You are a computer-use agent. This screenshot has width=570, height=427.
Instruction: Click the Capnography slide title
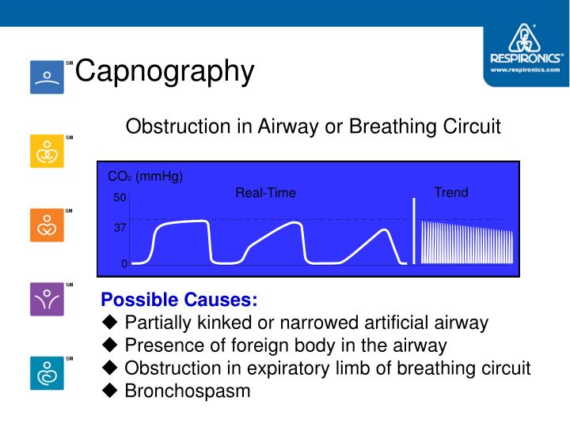coord(165,71)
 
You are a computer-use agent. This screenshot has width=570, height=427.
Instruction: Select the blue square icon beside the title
coord(47,77)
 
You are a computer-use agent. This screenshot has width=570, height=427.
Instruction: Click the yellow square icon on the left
coord(47,151)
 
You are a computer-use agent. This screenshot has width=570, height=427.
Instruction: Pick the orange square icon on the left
coord(47,225)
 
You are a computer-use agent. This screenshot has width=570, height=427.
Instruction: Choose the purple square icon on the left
coord(47,299)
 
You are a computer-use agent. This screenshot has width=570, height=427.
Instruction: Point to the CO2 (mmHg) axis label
coord(145,176)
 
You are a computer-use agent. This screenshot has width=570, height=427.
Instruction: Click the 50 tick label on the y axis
coord(120,198)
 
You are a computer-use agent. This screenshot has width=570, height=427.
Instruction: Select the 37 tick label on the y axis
coord(120,227)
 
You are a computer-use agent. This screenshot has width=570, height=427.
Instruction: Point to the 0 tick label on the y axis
coord(123,264)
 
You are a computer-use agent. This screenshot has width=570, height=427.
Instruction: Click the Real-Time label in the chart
coord(265,193)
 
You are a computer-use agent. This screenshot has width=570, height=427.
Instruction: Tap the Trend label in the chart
coord(450,192)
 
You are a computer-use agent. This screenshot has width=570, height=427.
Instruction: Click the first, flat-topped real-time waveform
coord(180,224)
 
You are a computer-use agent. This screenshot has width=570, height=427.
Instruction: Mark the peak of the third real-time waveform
coord(385,230)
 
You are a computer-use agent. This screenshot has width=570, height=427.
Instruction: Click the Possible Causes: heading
coord(179,300)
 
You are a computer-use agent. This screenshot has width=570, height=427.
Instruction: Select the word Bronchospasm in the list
coord(188,391)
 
